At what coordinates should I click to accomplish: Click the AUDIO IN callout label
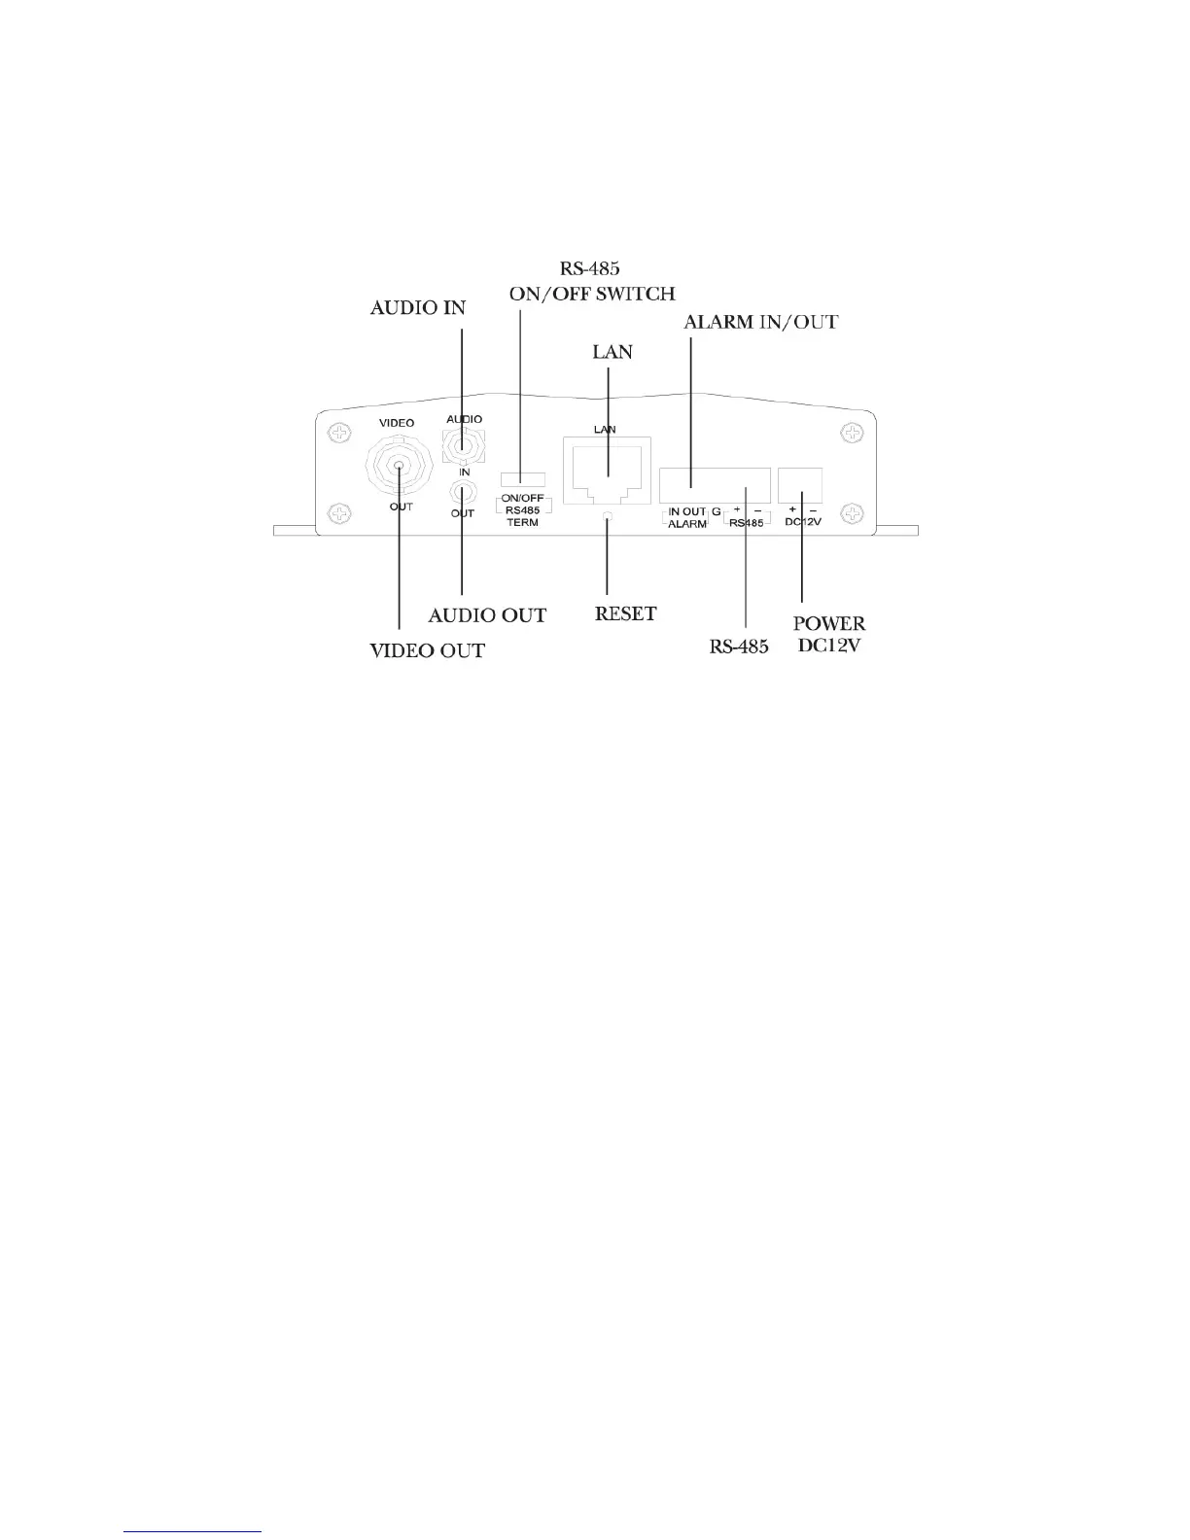418,308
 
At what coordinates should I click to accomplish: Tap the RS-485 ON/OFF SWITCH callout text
592,282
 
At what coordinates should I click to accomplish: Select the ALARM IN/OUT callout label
762,322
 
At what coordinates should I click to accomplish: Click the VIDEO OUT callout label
427,650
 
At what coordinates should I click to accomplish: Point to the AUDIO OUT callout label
487,615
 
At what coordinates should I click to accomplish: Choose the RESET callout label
625,613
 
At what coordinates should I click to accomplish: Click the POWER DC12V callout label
828,633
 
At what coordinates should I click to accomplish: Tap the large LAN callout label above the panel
612,351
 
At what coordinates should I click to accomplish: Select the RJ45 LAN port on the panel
606,471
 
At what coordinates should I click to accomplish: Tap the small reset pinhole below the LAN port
607,516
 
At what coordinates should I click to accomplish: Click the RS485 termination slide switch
522,478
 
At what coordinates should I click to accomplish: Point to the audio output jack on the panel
462,489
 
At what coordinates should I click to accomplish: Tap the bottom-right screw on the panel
852,512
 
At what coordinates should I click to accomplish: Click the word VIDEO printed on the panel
396,423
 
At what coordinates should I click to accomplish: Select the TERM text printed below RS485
522,523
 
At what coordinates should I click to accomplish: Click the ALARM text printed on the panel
686,524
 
